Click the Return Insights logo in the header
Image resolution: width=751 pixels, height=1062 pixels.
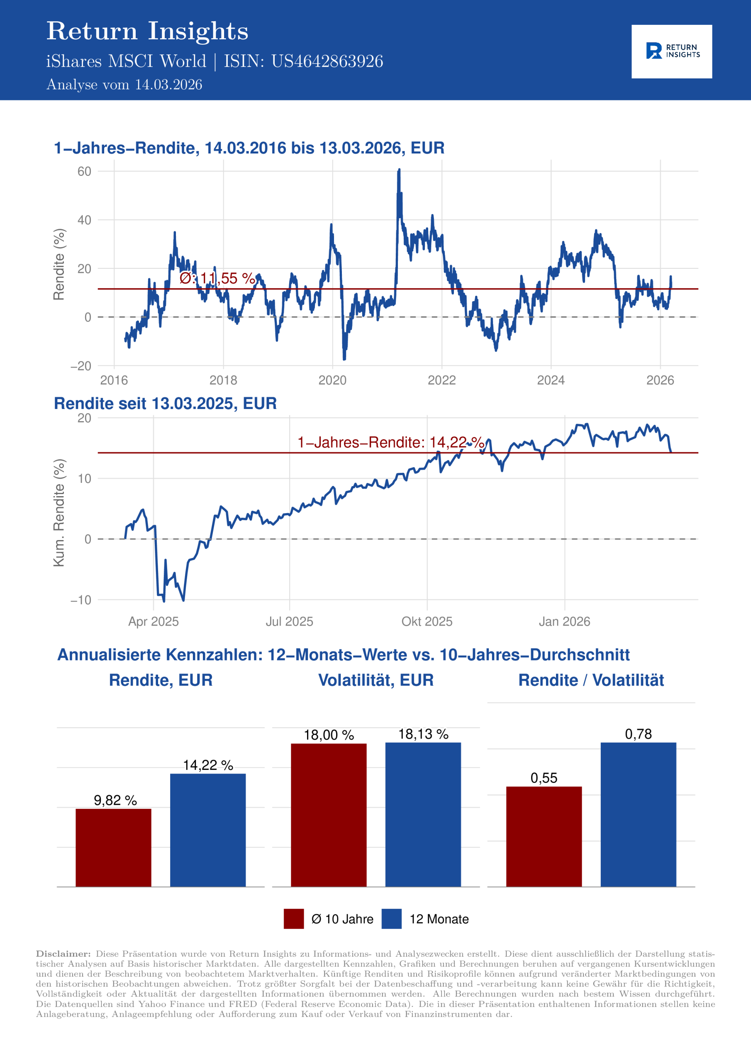(x=671, y=51)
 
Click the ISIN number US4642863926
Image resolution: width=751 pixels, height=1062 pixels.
(x=327, y=61)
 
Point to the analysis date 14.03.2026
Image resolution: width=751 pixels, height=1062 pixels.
(x=168, y=85)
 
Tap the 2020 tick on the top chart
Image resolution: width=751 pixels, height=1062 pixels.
(x=332, y=380)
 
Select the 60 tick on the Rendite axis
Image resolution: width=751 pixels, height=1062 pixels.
(x=84, y=172)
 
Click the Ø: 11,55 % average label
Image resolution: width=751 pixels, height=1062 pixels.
(x=217, y=278)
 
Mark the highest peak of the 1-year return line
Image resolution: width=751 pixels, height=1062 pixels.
(x=399, y=170)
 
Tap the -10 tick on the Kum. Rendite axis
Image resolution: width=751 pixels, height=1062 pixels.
(x=81, y=600)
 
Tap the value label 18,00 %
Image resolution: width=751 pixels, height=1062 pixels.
(x=329, y=735)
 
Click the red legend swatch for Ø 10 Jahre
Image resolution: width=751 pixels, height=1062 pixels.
(x=294, y=919)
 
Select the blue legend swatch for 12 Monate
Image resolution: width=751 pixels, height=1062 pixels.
(x=391, y=919)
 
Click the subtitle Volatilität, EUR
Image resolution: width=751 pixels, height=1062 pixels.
(x=376, y=680)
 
